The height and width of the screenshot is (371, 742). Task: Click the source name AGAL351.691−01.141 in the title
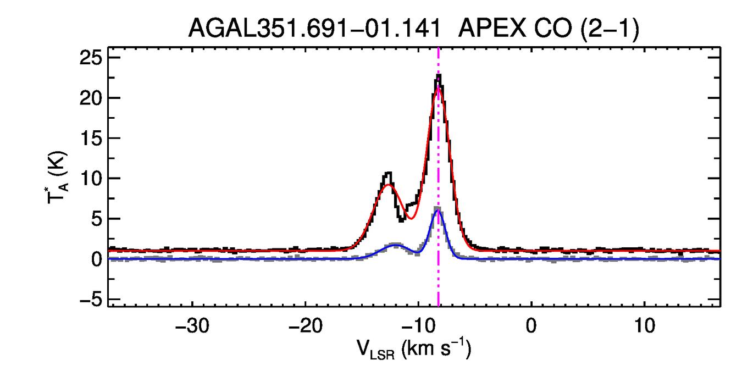(314, 29)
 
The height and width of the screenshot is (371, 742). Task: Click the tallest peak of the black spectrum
(439, 76)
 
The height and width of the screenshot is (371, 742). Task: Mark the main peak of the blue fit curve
(438, 211)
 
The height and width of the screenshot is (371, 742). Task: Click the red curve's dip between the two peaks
(410, 218)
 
